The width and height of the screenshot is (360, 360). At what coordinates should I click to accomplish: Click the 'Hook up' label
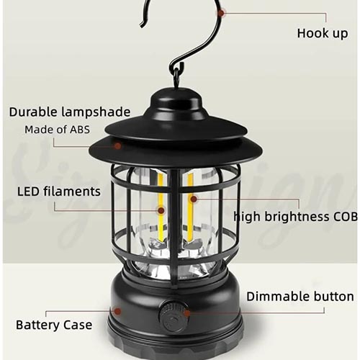[323, 33]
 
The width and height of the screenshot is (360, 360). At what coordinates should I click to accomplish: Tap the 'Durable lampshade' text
[70, 112]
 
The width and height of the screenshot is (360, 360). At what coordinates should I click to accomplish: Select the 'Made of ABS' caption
[57, 130]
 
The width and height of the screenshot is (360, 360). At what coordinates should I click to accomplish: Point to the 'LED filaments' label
[59, 192]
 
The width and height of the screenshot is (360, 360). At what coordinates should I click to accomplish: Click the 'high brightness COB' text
[295, 217]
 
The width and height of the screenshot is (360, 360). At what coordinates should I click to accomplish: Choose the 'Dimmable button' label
[300, 297]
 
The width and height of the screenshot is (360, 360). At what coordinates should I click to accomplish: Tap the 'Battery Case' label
[54, 325]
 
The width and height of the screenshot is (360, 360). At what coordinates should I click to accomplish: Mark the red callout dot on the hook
[222, 13]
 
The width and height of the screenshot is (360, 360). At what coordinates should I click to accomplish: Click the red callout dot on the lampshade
[117, 145]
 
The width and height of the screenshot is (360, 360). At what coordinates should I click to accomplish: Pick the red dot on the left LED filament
[161, 211]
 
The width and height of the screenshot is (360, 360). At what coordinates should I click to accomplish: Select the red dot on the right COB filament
[194, 199]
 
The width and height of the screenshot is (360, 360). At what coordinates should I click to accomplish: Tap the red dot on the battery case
[117, 311]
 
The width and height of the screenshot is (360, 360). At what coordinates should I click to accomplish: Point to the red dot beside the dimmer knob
[187, 313]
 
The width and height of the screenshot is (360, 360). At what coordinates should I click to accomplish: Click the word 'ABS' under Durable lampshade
[80, 130]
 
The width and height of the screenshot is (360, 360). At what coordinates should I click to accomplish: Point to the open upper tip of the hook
[142, 25]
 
